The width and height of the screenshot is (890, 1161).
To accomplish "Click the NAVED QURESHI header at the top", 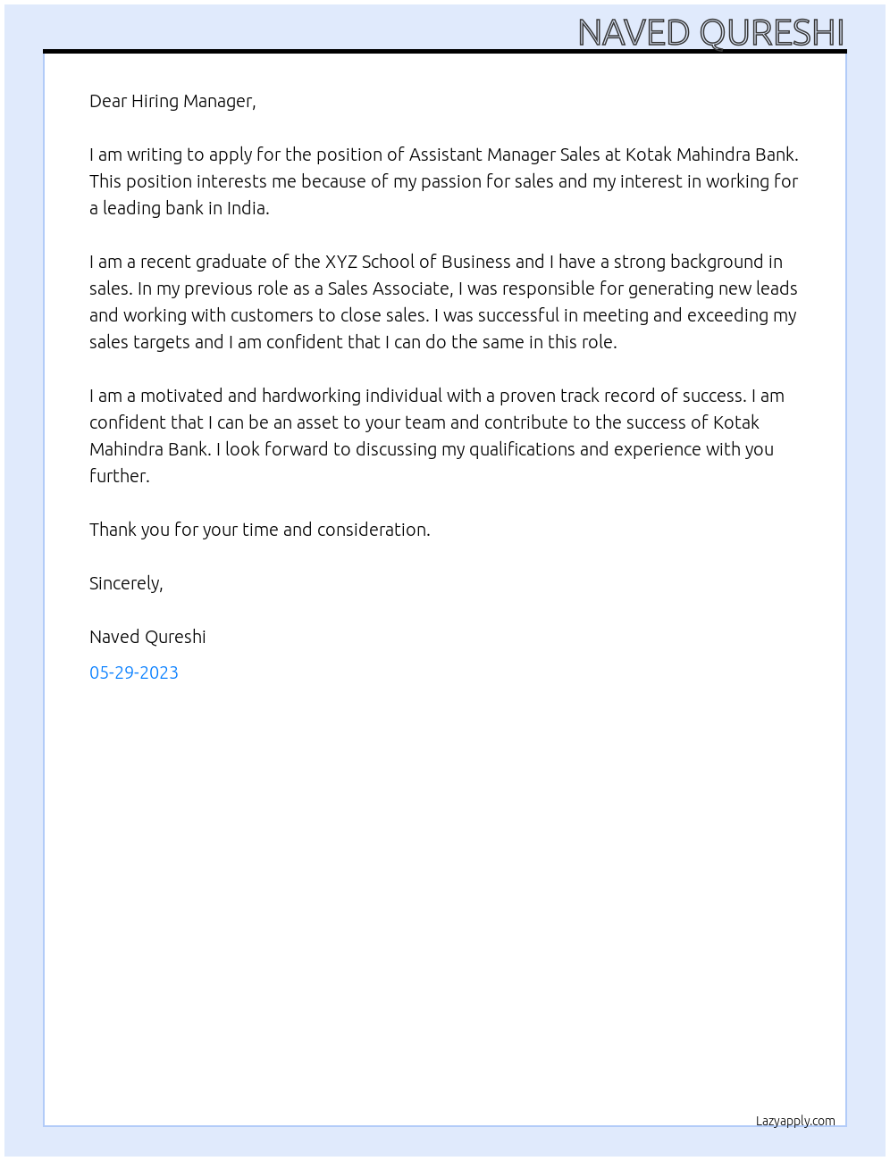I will point(710,33).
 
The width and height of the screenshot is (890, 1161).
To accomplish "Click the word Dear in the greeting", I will point(108,101).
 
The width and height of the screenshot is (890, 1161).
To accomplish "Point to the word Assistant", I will point(445,155).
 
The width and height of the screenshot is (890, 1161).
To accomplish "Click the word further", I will point(119,476).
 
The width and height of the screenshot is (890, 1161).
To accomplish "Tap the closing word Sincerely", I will point(126,583).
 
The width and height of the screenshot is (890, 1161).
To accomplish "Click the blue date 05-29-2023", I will point(134,672).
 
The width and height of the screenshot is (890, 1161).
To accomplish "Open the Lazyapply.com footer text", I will point(795,1121).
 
